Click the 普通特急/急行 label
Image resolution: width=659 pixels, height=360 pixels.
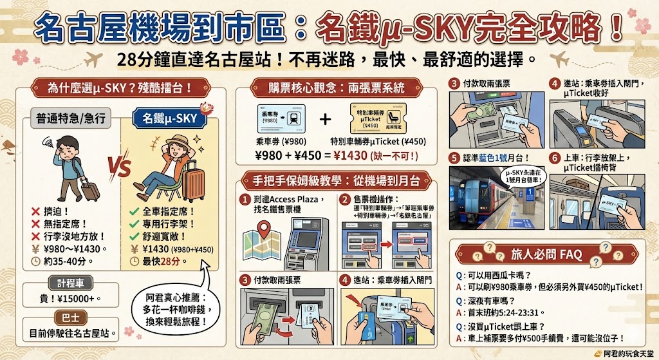(71, 118)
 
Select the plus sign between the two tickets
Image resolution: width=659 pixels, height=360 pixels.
(325, 120)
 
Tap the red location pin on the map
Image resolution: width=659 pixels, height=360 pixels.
(262, 229)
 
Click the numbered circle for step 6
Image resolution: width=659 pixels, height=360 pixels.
(554, 157)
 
